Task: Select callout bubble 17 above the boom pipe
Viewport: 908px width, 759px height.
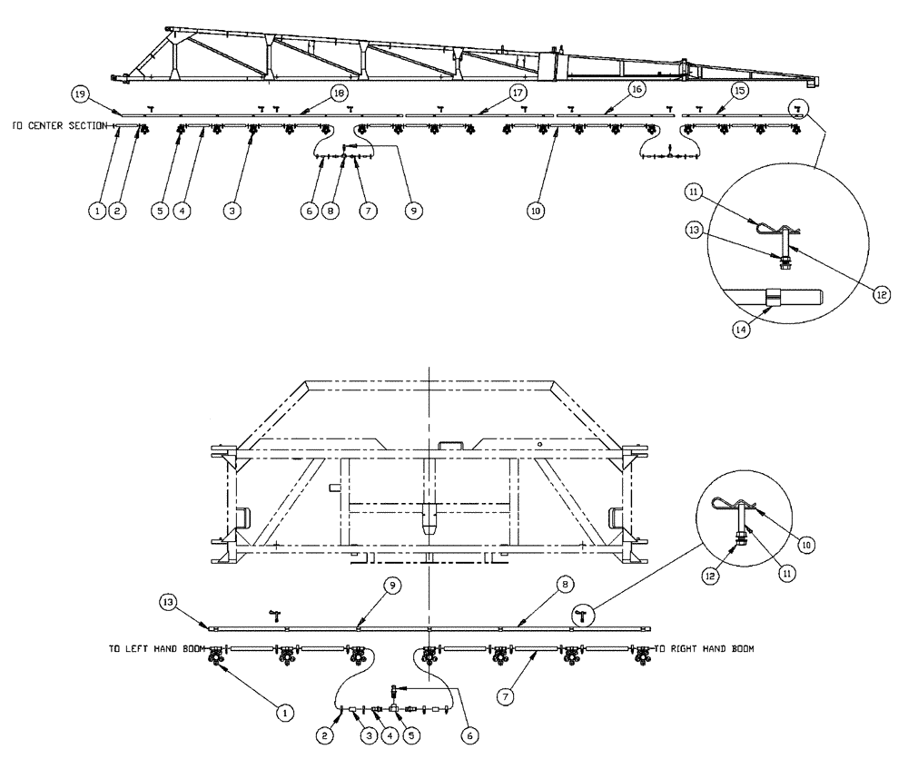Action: (518, 93)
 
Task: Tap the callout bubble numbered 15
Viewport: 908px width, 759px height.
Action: (739, 91)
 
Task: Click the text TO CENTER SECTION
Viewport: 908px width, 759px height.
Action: (60, 127)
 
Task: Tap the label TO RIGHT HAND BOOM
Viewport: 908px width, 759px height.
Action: (704, 649)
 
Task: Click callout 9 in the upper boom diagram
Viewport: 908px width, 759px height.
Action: (413, 210)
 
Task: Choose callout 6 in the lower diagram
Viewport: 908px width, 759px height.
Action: (469, 733)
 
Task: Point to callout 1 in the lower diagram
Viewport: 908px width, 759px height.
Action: (284, 714)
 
